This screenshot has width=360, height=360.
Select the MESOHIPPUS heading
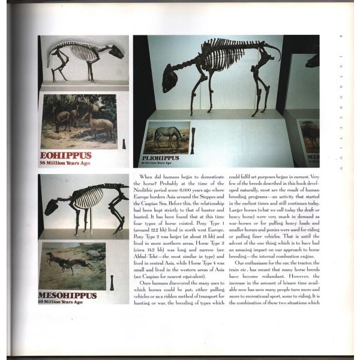pos(68,296)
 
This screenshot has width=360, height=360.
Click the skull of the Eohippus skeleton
pos(117,52)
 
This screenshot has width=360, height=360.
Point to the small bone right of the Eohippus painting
pos(122,144)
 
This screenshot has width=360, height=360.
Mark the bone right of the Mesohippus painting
pos(113,281)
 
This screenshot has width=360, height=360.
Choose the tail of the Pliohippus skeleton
pos(272,48)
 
